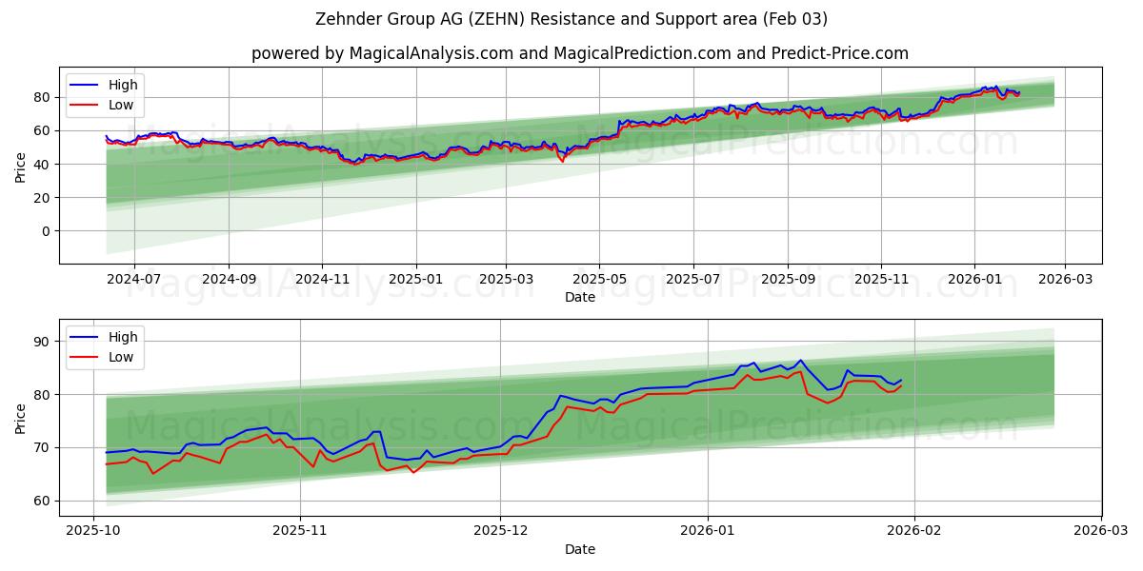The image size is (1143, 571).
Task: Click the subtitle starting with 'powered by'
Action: coord(579,53)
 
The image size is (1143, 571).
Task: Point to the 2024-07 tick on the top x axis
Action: coord(133,280)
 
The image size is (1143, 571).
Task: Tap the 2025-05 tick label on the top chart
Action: coord(599,280)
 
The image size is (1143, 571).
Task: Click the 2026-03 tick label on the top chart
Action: coord(1064,280)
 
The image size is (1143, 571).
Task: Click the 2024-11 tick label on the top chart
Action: coord(322,280)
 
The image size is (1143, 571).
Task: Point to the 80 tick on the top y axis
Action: coord(43,97)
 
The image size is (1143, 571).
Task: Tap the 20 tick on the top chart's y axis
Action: coord(43,198)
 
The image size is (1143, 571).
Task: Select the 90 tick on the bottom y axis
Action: coord(43,342)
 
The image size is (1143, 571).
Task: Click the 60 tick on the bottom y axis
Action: coord(43,501)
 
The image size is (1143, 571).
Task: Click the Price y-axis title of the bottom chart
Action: coord(21,418)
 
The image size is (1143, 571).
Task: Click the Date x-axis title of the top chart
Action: coord(579,297)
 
